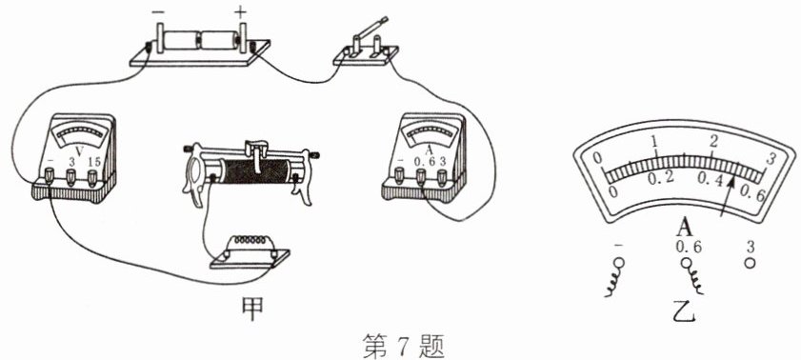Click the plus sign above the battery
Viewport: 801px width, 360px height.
click(240, 10)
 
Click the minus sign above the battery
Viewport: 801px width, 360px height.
click(159, 10)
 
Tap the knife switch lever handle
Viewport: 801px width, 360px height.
click(374, 27)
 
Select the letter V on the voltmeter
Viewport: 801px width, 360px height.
click(79, 150)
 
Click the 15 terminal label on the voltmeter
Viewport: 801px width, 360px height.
click(93, 161)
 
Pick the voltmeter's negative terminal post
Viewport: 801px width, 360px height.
click(50, 177)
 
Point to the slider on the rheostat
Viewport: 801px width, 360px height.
click(256, 151)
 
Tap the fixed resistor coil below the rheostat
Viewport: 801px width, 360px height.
click(250, 239)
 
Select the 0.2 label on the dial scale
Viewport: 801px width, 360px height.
click(661, 178)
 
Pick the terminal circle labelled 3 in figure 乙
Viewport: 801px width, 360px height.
click(750, 263)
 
